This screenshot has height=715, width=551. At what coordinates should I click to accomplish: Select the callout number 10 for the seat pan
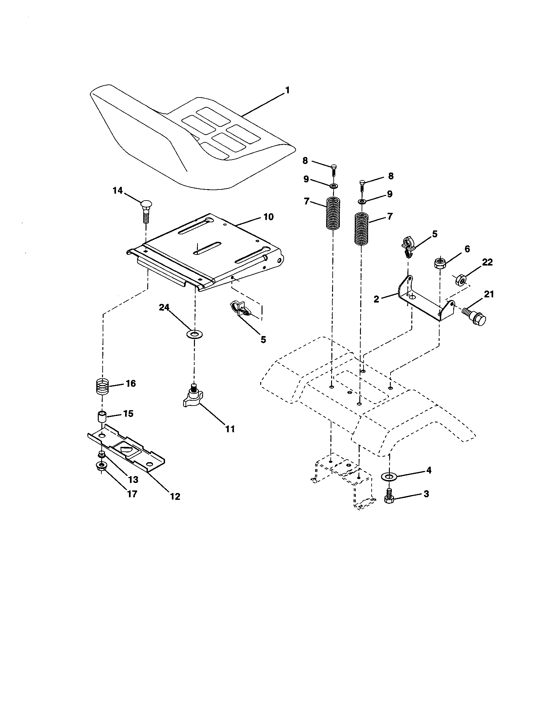[268, 217]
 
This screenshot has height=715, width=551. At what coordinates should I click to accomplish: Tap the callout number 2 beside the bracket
[376, 299]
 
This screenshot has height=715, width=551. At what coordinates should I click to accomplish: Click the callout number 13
[133, 480]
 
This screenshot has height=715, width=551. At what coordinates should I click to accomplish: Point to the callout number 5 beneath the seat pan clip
[263, 340]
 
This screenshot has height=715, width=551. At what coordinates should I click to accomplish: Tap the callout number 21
[489, 294]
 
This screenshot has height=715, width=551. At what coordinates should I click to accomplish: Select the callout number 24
[164, 307]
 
